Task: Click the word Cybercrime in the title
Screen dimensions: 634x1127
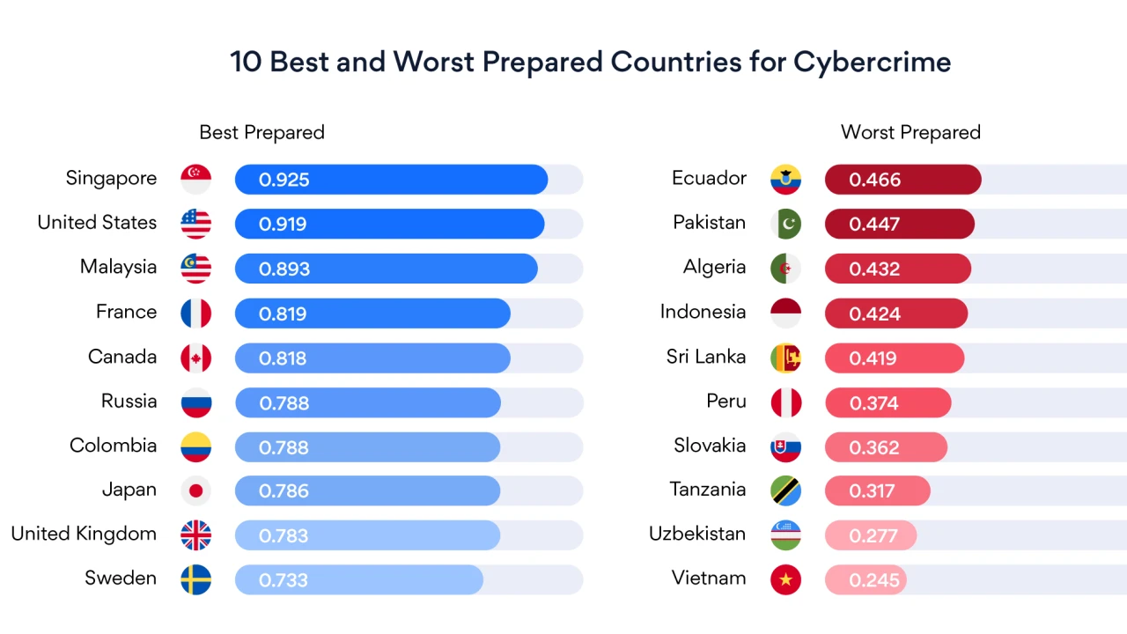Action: click(x=872, y=63)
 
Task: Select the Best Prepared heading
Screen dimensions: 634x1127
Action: click(x=261, y=132)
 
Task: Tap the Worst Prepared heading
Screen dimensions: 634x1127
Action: click(x=910, y=132)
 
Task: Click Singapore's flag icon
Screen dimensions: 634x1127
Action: click(x=195, y=179)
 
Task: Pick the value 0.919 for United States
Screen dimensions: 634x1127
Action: click(x=283, y=224)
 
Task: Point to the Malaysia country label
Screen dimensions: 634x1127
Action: click(x=118, y=267)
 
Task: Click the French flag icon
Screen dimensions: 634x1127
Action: click(x=195, y=313)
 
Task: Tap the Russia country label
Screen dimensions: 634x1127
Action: click(x=129, y=402)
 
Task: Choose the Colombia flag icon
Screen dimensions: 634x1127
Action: click(x=195, y=446)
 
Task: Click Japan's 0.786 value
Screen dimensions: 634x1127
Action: click(x=283, y=491)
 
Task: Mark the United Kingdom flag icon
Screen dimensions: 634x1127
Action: click(x=195, y=535)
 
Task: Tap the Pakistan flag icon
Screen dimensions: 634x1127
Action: click(x=785, y=224)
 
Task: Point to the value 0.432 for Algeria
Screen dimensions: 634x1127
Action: click(x=874, y=269)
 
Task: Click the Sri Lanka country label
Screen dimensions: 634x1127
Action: click(x=706, y=357)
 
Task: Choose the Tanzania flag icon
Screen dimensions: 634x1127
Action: click(x=785, y=490)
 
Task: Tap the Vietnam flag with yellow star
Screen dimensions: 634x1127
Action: click(x=785, y=579)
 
